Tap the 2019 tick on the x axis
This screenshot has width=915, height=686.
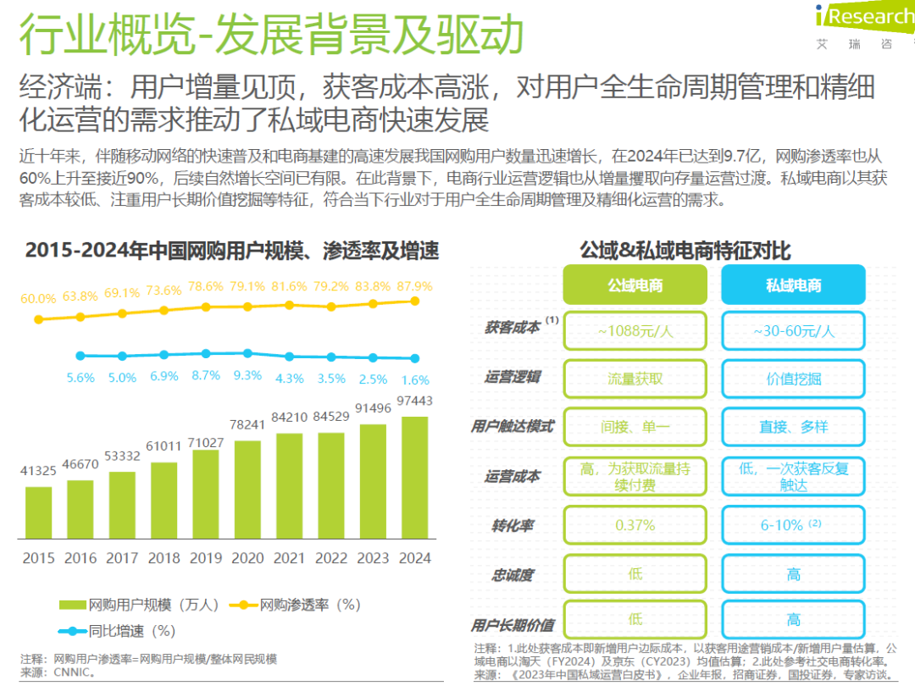[205, 558]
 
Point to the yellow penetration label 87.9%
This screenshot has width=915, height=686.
[414, 286]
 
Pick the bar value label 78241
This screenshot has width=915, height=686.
[247, 425]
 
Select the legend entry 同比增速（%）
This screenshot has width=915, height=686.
[119, 631]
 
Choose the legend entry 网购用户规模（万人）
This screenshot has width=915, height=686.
[140, 605]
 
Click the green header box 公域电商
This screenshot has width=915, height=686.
[635, 285]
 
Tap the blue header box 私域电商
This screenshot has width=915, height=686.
[793, 285]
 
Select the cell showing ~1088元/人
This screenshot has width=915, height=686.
[635, 331]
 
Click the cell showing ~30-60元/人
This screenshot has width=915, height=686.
[793, 331]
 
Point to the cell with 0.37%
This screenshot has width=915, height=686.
[635, 525]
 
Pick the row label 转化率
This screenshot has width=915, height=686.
[512, 526]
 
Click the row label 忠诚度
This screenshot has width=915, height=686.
[512, 575]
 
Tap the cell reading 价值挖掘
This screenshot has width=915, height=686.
[793, 379]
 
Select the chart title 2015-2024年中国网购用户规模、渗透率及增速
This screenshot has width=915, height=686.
[232, 251]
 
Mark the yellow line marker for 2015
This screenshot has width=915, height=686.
[38, 319]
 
